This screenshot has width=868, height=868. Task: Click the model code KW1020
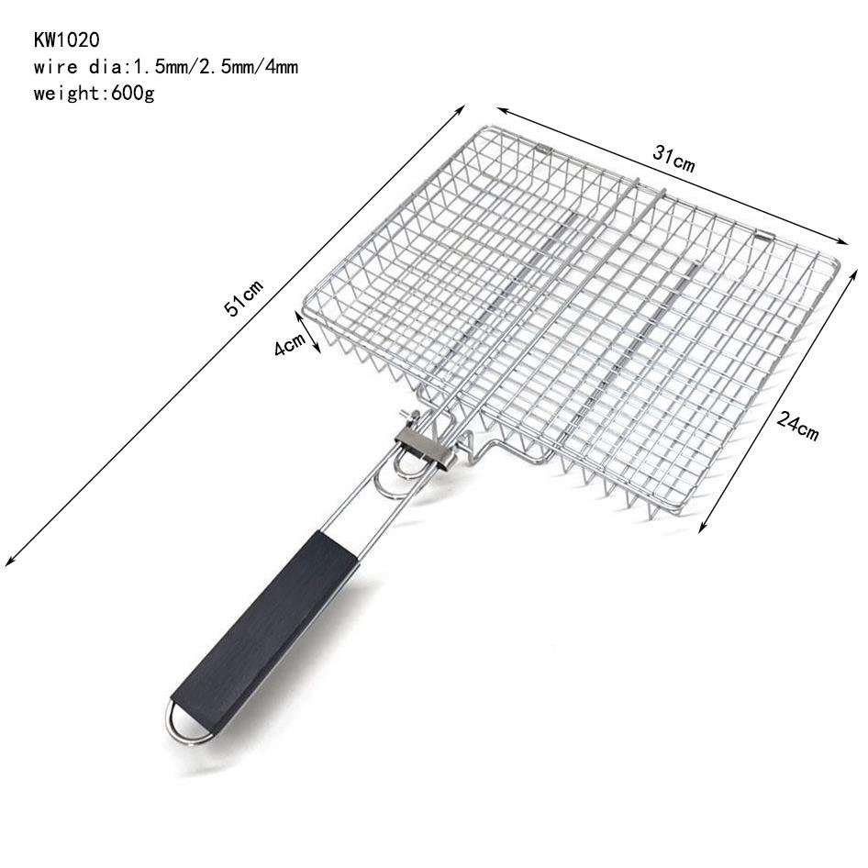coord(66,39)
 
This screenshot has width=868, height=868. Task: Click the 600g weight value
coord(133,94)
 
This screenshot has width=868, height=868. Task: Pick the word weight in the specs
coord(66,94)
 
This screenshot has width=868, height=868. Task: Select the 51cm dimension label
coord(243,298)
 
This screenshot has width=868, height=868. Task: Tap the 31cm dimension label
coord(673,159)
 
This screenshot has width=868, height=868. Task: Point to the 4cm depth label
coord(290,344)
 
